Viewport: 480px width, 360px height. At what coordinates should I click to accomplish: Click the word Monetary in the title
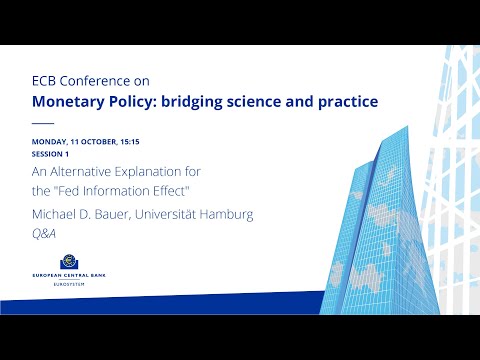(x=71, y=102)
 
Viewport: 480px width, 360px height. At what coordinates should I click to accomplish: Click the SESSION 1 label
(x=51, y=155)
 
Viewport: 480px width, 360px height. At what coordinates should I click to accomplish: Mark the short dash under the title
(x=43, y=124)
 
